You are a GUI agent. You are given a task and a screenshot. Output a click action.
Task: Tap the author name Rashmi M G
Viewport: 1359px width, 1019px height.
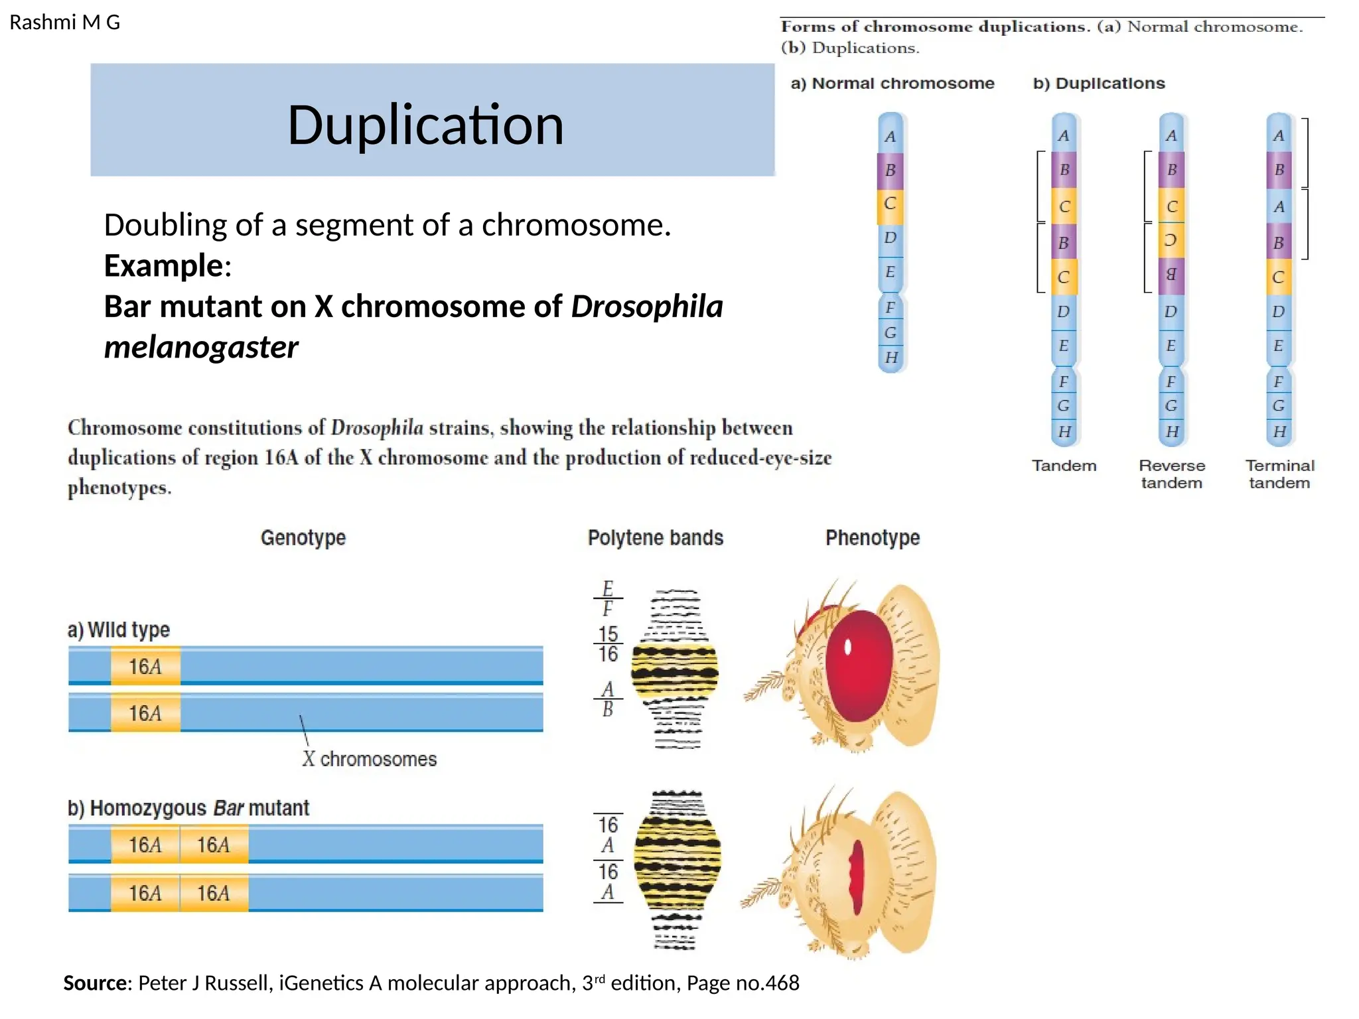pyautogui.click(x=64, y=23)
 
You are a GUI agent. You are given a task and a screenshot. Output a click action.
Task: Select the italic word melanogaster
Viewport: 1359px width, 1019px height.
pyautogui.click(x=201, y=347)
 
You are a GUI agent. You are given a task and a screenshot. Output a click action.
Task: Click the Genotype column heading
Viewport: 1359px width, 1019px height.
pyautogui.click(x=303, y=537)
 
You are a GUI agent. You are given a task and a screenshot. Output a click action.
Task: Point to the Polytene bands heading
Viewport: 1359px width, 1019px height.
pyautogui.click(x=655, y=537)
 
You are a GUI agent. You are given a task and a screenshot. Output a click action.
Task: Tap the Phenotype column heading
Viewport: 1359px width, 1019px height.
pyautogui.click(x=872, y=537)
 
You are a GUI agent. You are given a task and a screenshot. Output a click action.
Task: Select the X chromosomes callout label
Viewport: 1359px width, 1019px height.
pyautogui.click(x=370, y=759)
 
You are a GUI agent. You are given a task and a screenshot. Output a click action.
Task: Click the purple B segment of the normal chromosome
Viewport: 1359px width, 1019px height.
pyautogui.click(x=890, y=170)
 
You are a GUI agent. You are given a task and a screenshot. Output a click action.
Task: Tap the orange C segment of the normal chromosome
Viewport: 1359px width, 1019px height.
pyautogui.click(x=890, y=204)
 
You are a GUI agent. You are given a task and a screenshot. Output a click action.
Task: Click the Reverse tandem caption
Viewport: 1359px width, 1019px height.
pyautogui.click(x=1171, y=474)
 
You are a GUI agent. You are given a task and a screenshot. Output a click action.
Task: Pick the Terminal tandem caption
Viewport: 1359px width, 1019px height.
pyautogui.click(x=1279, y=474)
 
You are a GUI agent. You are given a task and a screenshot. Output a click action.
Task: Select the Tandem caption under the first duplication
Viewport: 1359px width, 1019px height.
pyautogui.click(x=1064, y=466)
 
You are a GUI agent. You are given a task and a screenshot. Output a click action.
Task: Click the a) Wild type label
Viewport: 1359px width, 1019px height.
pyautogui.click(x=119, y=630)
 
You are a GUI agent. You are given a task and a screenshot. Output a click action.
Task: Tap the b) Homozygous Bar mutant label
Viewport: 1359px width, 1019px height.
pyautogui.click(x=188, y=808)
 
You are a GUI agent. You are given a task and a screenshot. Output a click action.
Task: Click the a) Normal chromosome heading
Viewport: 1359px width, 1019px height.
pyautogui.click(x=893, y=84)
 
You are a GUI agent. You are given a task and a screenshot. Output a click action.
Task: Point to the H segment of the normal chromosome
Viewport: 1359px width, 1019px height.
pyautogui.click(x=891, y=358)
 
